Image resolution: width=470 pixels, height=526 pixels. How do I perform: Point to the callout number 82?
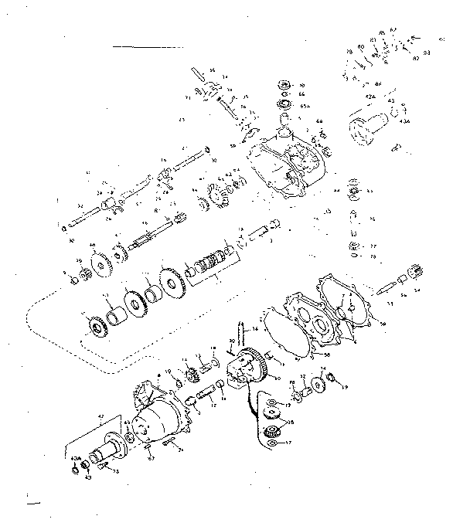tap(416, 58)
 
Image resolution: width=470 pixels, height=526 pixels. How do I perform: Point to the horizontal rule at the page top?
tap(140, 47)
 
